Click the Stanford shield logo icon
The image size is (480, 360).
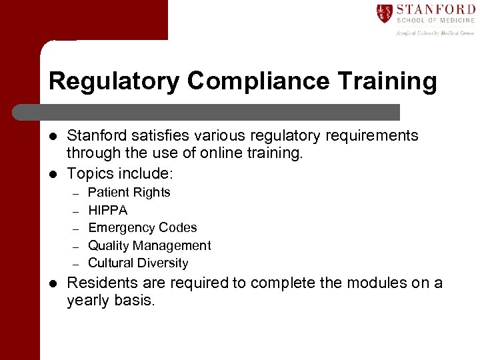(x=384, y=13)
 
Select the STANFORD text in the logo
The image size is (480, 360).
(x=435, y=9)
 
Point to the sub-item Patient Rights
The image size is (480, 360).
(x=129, y=193)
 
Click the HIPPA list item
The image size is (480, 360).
(x=107, y=210)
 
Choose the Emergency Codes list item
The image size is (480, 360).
(x=143, y=227)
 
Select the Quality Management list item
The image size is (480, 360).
(x=149, y=245)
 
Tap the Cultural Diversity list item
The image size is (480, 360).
(x=138, y=263)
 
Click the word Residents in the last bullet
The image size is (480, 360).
(x=102, y=283)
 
